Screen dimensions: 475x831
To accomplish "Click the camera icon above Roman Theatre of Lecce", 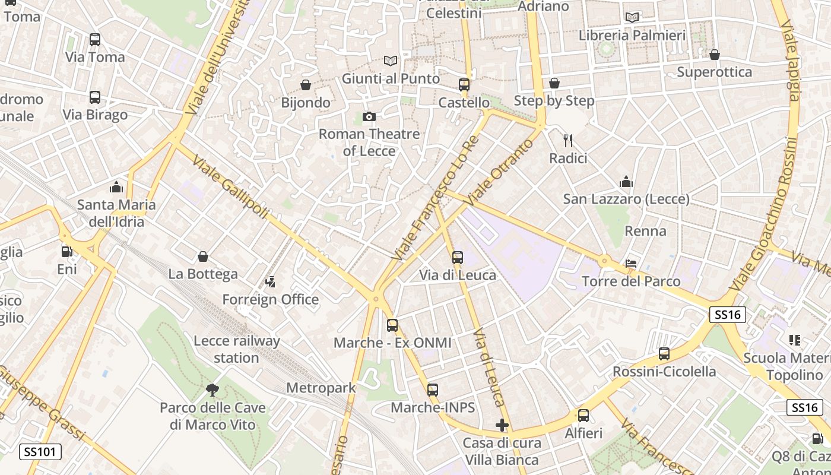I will tap(369, 116).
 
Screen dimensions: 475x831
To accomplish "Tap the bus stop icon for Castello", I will tap(464, 85).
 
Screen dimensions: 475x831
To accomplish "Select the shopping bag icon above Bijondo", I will tap(306, 85).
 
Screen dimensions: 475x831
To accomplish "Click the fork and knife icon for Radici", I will tap(568, 140).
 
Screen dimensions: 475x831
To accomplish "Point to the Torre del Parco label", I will tap(631, 281).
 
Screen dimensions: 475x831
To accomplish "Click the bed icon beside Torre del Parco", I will tap(631, 264).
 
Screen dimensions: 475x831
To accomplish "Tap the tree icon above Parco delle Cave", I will tap(212, 390).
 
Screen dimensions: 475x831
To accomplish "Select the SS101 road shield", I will tap(40, 452).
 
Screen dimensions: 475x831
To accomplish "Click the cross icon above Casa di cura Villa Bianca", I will tap(502, 425).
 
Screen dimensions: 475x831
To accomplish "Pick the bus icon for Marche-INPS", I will tap(433, 390).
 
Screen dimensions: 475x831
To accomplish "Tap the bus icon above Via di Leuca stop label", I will tap(457, 257).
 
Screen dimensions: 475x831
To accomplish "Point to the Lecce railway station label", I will tap(236, 349).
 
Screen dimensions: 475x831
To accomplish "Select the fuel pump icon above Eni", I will tap(67, 252).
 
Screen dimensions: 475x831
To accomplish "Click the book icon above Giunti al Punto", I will tap(390, 61).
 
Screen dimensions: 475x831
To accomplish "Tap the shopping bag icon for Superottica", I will tap(715, 55).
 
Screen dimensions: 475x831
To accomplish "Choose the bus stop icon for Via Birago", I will tap(95, 97).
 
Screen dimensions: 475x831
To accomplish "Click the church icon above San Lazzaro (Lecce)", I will tap(626, 182).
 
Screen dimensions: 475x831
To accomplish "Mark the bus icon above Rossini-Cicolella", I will tap(664, 354).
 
